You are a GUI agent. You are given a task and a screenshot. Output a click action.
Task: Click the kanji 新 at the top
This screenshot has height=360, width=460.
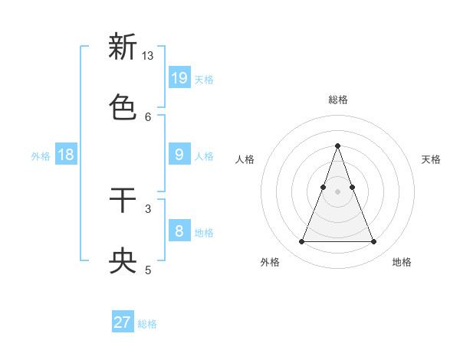(x=123, y=47)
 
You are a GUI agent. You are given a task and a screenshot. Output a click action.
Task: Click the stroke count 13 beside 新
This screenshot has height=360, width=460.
(x=148, y=56)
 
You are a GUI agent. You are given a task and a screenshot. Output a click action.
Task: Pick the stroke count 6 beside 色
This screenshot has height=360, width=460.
(x=148, y=116)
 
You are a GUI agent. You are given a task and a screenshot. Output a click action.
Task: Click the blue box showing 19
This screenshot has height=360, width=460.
(x=179, y=78)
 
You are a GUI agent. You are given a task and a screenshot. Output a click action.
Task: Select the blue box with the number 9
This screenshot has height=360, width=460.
(x=179, y=155)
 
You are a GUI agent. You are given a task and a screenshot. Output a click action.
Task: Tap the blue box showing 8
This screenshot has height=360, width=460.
(x=179, y=231)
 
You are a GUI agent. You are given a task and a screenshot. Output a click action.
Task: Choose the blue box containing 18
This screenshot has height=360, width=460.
(x=66, y=155)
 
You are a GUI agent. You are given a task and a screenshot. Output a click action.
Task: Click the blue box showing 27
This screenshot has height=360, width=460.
(x=123, y=322)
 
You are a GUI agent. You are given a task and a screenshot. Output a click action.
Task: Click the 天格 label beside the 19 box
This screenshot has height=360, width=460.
(x=204, y=80)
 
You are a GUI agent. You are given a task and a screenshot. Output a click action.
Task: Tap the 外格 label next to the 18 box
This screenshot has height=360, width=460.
(x=41, y=156)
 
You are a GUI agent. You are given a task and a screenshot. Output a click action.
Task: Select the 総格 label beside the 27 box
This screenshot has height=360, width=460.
(x=147, y=324)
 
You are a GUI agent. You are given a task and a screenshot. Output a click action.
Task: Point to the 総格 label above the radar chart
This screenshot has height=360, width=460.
(x=338, y=100)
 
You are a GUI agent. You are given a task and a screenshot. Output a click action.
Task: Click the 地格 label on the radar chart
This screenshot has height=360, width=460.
(x=402, y=262)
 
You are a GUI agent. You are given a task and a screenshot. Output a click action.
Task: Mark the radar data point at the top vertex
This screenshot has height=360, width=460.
(x=337, y=146)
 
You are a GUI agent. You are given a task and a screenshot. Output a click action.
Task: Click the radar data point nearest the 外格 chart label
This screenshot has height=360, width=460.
(x=301, y=242)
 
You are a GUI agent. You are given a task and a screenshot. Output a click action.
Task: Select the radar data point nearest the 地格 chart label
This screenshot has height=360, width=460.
(x=374, y=242)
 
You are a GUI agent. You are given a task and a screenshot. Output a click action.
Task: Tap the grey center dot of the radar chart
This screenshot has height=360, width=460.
(x=337, y=191)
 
